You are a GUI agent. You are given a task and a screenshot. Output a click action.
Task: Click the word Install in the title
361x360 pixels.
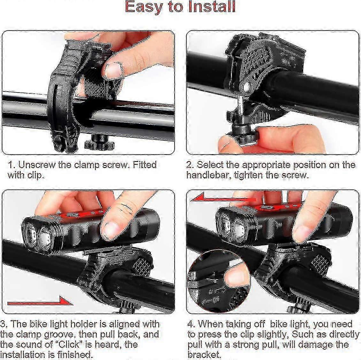(x=212, y=7)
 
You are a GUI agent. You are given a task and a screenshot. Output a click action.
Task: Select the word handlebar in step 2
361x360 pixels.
(x=208, y=175)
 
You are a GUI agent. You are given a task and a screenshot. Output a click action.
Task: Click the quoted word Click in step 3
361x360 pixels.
(x=69, y=344)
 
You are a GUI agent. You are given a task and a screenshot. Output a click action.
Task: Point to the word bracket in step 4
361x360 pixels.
(x=204, y=355)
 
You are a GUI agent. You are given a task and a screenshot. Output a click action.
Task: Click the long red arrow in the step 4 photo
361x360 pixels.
(x=223, y=198)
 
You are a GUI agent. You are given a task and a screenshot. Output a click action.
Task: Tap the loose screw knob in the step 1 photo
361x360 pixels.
(x=99, y=142)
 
